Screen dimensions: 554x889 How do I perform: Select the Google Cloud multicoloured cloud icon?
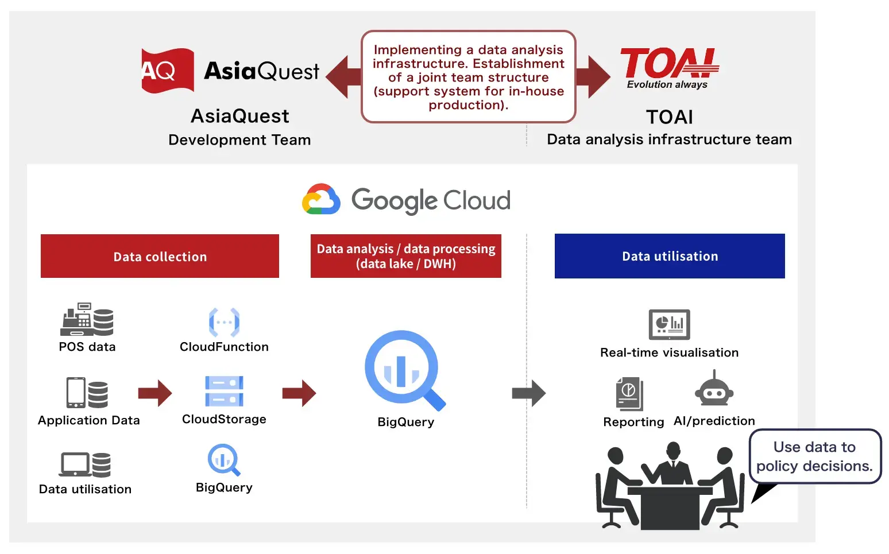(321, 199)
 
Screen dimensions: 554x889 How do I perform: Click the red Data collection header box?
(160, 256)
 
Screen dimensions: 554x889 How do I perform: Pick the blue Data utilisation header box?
(670, 256)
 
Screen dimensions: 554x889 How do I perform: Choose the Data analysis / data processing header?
(405, 256)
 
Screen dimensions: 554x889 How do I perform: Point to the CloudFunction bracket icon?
(224, 322)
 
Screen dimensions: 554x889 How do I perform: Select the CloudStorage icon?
(224, 392)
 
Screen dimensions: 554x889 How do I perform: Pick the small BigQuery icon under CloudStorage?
(223, 460)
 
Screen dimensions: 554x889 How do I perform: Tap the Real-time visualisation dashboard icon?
(669, 324)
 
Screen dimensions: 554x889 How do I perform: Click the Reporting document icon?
(629, 394)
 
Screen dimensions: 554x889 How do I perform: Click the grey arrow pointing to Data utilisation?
(528, 393)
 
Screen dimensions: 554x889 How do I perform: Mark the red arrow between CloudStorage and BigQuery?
(299, 393)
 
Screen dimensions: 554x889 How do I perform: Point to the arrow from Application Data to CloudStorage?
(155, 393)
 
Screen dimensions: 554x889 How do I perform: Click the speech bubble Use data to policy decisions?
(814, 456)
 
